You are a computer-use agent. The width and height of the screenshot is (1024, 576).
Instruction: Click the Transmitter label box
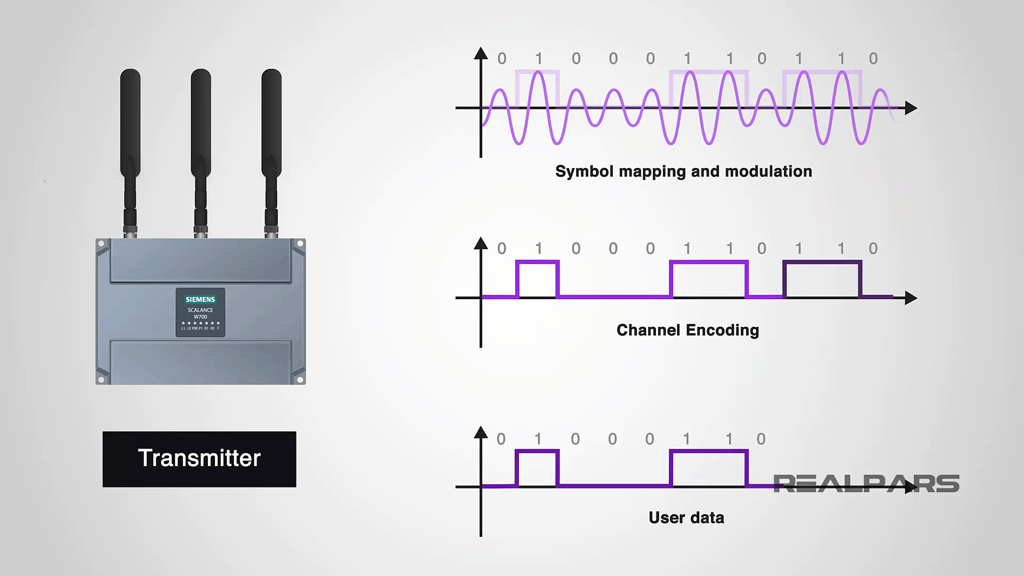point(199,459)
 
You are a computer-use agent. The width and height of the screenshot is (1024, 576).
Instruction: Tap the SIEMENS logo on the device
point(200,299)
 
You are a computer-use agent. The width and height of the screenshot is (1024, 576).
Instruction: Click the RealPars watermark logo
point(866,484)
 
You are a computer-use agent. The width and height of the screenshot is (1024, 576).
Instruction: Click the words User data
point(686,517)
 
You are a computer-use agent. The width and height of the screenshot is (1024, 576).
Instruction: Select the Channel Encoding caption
point(687,330)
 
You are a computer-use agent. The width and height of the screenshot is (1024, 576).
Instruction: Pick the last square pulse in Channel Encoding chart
point(822,278)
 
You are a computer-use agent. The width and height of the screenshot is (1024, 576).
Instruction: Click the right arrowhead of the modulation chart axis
point(910,108)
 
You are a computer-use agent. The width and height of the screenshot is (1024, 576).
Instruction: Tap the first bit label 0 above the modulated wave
point(501,59)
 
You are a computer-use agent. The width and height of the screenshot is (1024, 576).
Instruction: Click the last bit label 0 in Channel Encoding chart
point(873,249)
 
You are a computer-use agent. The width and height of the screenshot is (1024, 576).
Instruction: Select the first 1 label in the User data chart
point(538,439)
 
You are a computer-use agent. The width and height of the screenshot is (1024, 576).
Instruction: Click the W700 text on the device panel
point(200,317)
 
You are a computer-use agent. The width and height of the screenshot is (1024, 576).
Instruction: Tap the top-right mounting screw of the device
point(300,244)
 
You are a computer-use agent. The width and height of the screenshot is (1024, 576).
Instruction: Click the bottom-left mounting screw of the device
point(101,379)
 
